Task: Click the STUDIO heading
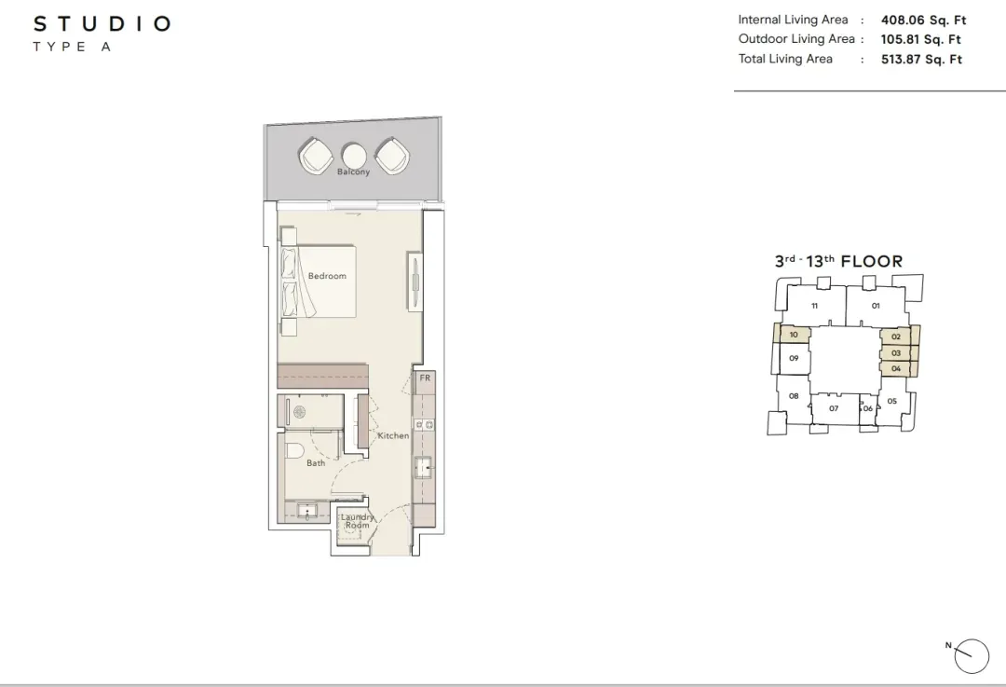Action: coord(102,23)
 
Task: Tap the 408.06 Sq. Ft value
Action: coord(923,20)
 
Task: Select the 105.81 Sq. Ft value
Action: coord(920,39)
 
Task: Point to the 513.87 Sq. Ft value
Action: coord(922,59)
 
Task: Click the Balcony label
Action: coord(354,172)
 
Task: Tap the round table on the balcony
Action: coord(354,156)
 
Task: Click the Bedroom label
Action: coord(327,276)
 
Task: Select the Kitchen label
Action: coord(393,435)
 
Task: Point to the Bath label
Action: coord(316,463)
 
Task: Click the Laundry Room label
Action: coord(358,521)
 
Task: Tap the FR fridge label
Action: coord(425,378)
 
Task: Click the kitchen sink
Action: coord(424,467)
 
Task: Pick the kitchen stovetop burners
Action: coord(424,424)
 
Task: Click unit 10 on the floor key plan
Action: coord(794,335)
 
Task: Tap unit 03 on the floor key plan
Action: coord(896,353)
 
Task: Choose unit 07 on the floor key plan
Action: coord(834,408)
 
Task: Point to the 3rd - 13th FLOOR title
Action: coord(838,261)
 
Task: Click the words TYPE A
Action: coord(72,47)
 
